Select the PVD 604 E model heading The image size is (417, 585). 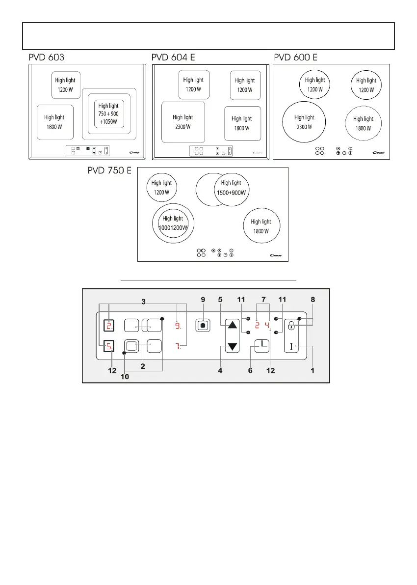[x=173, y=57]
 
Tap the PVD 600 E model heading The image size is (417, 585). [x=295, y=57]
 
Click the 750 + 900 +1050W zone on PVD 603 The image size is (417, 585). [x=109, y=114]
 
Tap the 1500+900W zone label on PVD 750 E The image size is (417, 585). [x=233, y=188]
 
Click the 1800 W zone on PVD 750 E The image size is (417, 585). [x=261, y=226]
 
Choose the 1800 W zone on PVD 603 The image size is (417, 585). [x=54, y=121]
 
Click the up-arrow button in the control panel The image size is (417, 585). [x=233, y=325]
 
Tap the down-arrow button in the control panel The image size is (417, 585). [x=233, y=347]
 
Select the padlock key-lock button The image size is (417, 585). [x=291, y=325]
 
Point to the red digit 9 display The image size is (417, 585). [x=178, y=325]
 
